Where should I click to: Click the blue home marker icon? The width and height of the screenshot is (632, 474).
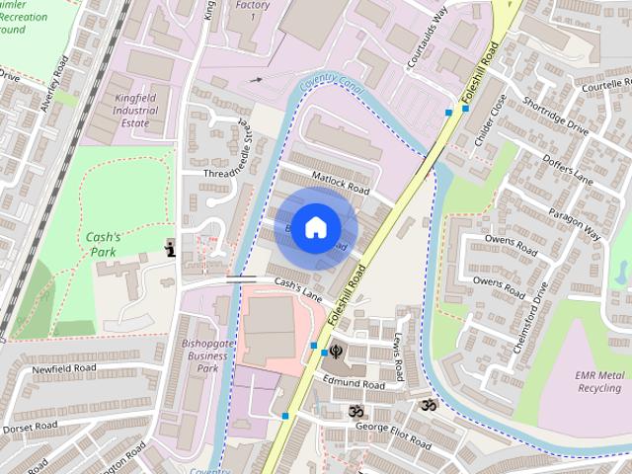tap(315, 227)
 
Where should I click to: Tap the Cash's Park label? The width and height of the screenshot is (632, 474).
tap(103, 244)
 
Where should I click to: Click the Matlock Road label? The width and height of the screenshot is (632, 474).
tap(340, 184)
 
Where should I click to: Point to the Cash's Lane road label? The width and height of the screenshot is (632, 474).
tap(299, 288)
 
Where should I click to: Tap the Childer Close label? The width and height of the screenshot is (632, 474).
tap(490, 119)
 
